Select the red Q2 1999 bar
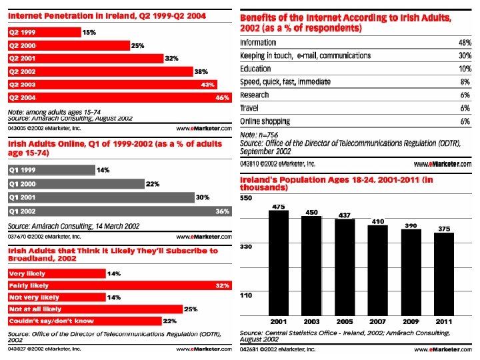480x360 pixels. pos(43,31)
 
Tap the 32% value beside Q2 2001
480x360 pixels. pos(171,58)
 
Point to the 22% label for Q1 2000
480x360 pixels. pos(153,184)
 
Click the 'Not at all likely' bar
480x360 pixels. pos(94,309)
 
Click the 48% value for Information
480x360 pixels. pos(465,43)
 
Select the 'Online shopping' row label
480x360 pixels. pos(265,121)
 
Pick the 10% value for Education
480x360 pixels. pos(465,69)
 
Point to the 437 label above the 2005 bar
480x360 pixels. pos(345,215)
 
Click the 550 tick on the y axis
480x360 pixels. pos(246,199)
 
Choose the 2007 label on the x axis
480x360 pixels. pos(378,321)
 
